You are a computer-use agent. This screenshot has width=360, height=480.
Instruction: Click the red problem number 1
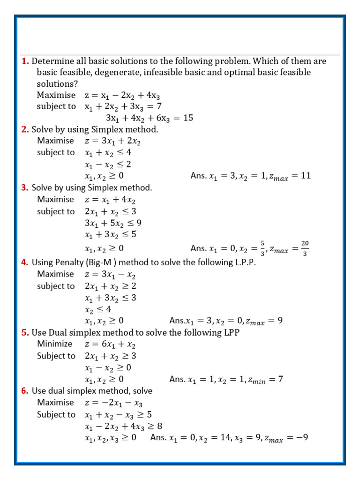(x=25, y=61)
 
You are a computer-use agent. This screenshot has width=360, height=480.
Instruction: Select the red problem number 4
(x=25, y=262)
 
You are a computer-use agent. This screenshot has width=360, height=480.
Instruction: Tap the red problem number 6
(x=25, y=391)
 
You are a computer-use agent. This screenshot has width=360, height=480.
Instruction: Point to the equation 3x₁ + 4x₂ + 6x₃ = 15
(x=149, y=118)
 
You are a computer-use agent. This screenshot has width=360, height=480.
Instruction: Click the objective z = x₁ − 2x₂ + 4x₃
(x=122, y=95)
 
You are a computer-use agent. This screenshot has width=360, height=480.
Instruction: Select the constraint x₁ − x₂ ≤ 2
(x=108, y=164)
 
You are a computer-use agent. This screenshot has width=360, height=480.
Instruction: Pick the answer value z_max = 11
(x=290, y=176)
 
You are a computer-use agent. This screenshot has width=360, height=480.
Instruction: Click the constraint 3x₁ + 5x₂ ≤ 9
(x=113, y=223)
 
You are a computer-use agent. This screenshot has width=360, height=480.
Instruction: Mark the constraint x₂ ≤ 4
(x=97, y=309)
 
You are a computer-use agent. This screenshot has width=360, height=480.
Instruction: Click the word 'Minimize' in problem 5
(x=55, y=344)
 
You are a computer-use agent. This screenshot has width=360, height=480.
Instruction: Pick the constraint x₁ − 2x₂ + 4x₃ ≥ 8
(x=123, y=426)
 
